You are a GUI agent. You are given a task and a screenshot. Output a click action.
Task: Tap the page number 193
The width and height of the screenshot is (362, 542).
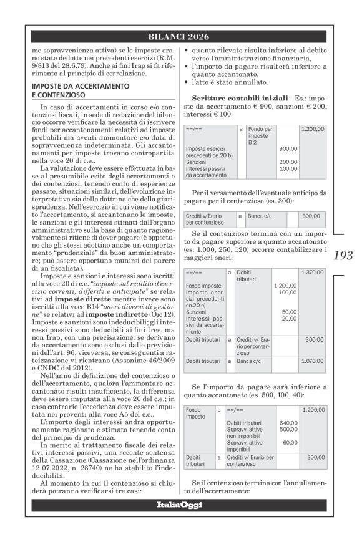click(342, 255)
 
